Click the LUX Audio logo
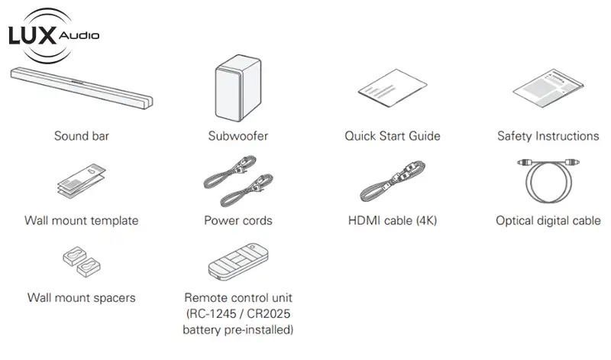[x=53, y=35]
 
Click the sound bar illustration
[x=82, y=88]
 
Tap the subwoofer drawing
[x=238, y=88]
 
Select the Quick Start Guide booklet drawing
[x=393, y=88]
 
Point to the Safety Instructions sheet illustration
[x=548, y=88]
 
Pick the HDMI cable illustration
[x=393, y=180]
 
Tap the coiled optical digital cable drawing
[x=548, y=180]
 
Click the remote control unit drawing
[x=238, y=261]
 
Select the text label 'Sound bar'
[x=82, y=136]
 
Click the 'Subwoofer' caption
[x=238, y=136]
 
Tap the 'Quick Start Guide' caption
[x=393, y=136]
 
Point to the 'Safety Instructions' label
[x=548, y=136]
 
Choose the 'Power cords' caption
[x=238, y=220]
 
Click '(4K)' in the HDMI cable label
[x=426, y=220]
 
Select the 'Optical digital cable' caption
[x=548, y=220]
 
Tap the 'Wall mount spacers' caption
[x=82, y=297]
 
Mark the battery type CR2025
[x=269, y=313]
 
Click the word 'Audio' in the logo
[x=79, y=35]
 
